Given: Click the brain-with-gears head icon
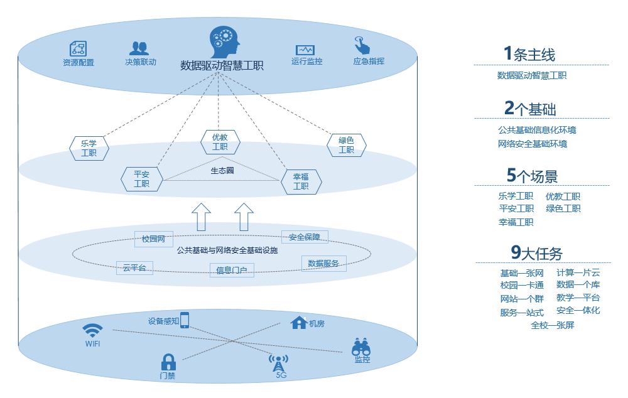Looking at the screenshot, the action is click(225, 42).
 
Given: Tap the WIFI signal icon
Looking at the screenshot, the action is click(92, 331).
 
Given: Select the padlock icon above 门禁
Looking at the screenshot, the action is click(168, 362).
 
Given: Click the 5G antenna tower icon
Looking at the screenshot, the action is click(278, 363).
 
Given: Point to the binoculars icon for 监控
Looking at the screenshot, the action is click(361, 347).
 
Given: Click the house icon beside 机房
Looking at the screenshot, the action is click(299, 322).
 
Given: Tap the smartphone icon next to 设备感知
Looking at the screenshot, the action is click(185, 320).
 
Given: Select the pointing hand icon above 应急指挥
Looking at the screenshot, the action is click(362, 45).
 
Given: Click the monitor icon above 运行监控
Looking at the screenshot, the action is click(305, 50).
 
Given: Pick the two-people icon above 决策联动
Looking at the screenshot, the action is click(139, 48).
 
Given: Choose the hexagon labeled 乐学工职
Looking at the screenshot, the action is click(89, 148).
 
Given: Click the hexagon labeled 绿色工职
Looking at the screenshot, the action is click(347, 145).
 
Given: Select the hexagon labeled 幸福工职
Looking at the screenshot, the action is click(301, 182).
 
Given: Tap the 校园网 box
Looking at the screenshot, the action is click(154, 239).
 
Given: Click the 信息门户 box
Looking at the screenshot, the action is click(232, 271).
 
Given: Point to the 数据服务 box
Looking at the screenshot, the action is click(323, 264).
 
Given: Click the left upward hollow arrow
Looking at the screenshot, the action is click(201, 217).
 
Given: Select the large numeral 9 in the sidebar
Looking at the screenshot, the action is click(516, 252).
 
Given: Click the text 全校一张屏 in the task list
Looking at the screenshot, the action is click(553, 325).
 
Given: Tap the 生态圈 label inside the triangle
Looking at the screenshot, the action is click(222, 171).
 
